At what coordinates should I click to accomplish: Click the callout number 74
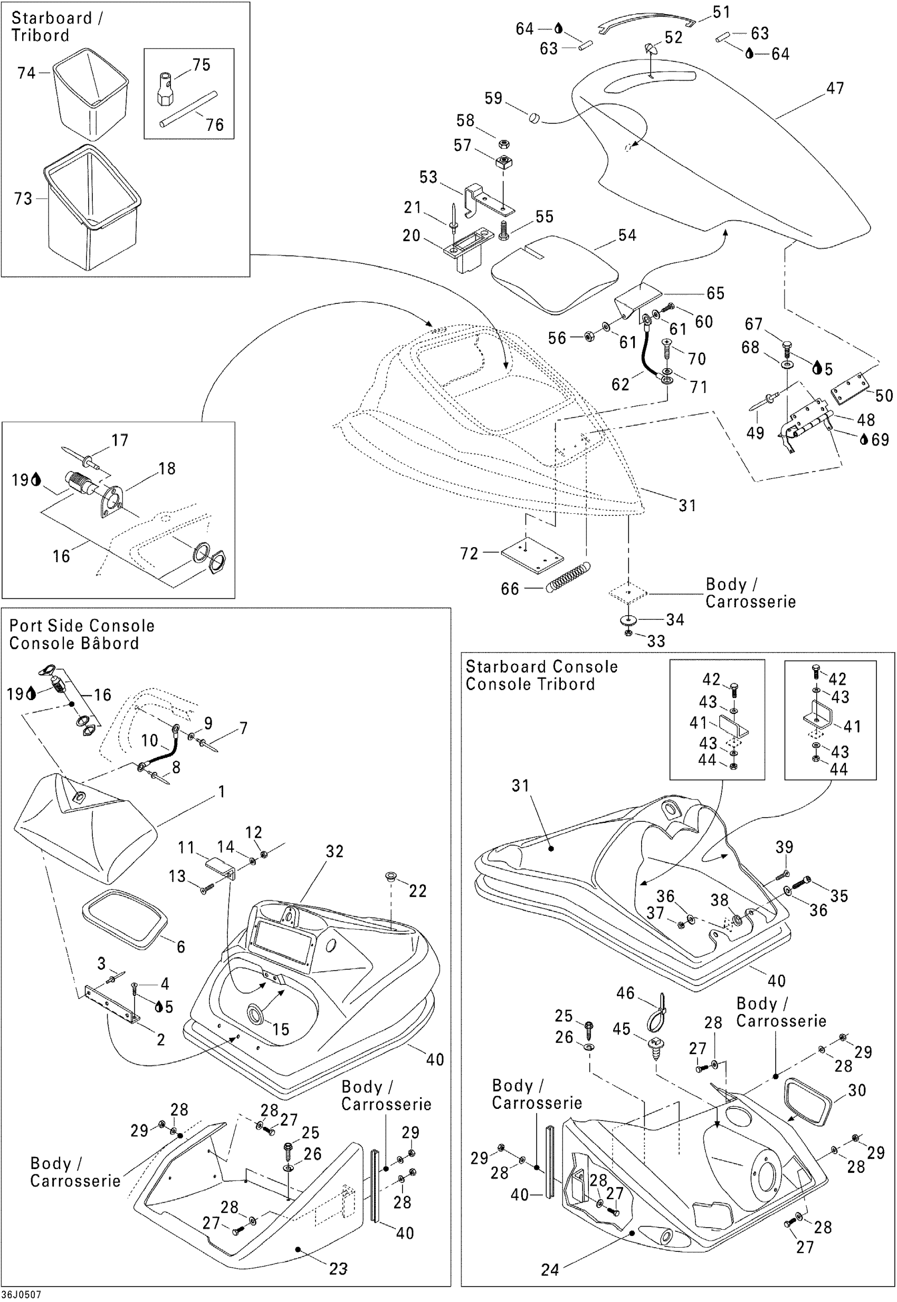click(x=26, y=73)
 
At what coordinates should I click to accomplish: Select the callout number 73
click(x=23, y=199)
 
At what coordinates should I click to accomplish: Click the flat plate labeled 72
click(x=532, y=554)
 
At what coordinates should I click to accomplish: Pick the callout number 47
click(x=835, y=88)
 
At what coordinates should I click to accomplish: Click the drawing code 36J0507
click(x=21, y=1295)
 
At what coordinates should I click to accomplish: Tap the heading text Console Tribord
click(x=530, y=684)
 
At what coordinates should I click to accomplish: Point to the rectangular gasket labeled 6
click(x=125, y=919)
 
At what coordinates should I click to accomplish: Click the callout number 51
click(x=721, y=12)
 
